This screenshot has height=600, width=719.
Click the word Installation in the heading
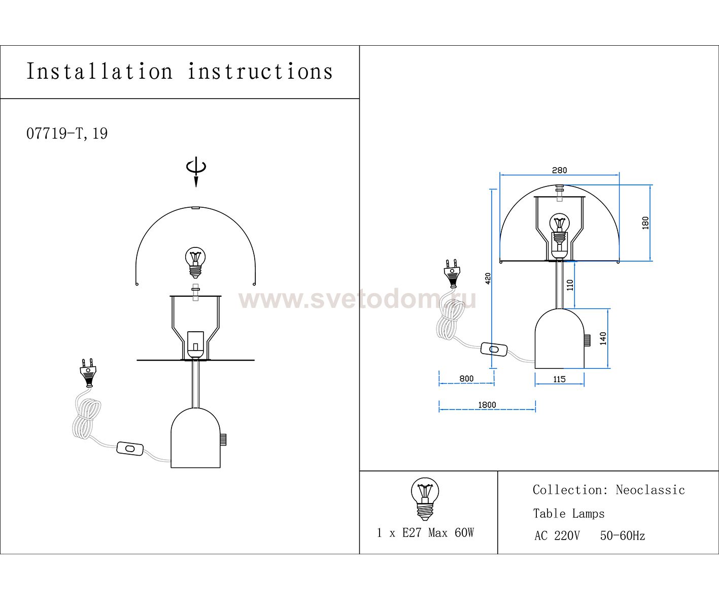coord(99,72)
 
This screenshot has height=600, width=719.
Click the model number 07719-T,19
coord(67,134)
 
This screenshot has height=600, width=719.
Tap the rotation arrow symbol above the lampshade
coord(196,171)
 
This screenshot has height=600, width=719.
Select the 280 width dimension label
coord(559,170)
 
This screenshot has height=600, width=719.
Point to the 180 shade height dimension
coord(645,223)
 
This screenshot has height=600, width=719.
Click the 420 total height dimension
coord(488,278)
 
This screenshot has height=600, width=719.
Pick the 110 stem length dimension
coord(570,285)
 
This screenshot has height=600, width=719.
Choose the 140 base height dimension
coord(603,338)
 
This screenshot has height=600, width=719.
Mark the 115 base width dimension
coord(559,380)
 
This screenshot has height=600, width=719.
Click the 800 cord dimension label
coord(466,378)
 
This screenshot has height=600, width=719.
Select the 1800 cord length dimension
coord(487,405)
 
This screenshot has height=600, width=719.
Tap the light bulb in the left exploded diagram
coord(195,263)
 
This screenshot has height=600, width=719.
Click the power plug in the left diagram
coord(88,373)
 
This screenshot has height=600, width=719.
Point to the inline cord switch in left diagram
coord(130,448)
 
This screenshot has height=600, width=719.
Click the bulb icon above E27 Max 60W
coord(425,498)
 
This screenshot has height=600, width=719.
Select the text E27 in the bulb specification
coord(412,533)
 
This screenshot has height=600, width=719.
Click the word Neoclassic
coord(650,490)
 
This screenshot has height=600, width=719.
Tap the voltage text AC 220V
coord(557,536)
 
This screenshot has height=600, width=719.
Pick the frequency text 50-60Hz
coord(623,535)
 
